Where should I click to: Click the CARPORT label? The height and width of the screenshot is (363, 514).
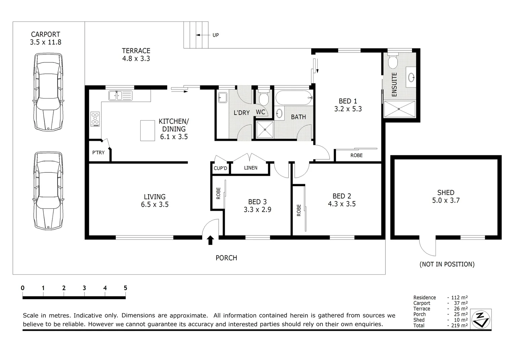[x=45, y=34]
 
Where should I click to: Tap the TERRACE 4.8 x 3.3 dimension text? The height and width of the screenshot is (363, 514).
[x=136, y=58]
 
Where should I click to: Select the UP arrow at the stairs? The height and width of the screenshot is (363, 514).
[x=203, y=35]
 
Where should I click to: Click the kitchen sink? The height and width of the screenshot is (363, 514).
[x=120, y=95]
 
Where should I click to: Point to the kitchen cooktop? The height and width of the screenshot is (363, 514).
[x=95, y=119]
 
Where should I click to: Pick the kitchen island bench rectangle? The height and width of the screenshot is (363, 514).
[x=148, y=130]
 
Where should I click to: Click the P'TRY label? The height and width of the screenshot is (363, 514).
[x=98, y=153]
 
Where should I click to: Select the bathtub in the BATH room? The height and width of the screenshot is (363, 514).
[x=294, y=98]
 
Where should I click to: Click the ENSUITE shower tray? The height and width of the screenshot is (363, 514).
[x=400, y=109]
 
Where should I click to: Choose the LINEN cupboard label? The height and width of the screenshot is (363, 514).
[x=251, y=168]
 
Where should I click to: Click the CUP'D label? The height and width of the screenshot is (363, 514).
[x=220, y=168]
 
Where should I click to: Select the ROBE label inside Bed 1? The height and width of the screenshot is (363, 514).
[x=356, y=156]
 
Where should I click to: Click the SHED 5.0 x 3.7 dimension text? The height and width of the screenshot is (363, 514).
[x=446, y=200]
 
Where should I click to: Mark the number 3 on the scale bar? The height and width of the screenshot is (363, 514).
[x=84, y=288]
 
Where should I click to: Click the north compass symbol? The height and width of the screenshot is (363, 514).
[x=481, y=319]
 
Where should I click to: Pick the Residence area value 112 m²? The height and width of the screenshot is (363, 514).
[x=460, y=297]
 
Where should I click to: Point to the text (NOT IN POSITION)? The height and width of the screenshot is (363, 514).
[x=447, y=264]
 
